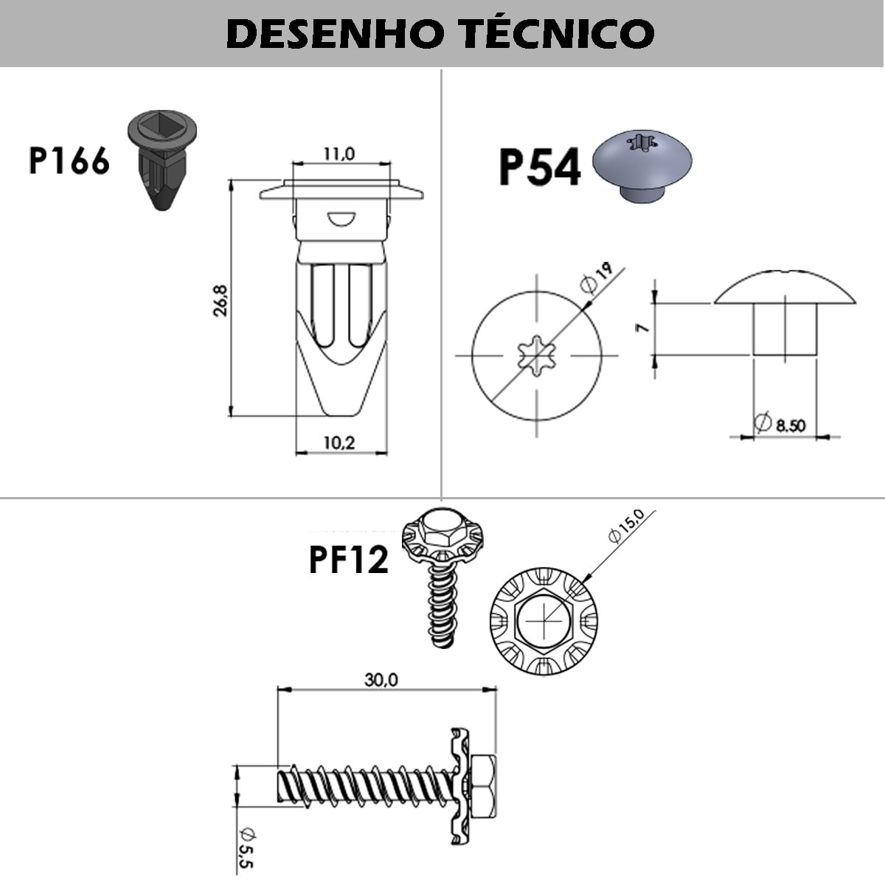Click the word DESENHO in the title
(x=336, y=34)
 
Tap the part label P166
(x=69, y=161)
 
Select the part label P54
(x=540, y=167)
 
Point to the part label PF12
(x=349, y=560)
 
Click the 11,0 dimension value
(x=339, y=154)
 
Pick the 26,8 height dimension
(x=221, y=300)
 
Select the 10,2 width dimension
(x=339, y=442)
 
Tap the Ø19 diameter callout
(x=596, y=278)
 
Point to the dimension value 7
(x=642, y=327)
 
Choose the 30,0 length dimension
(x=381, y=680)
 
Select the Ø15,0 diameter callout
(x=626, y=527)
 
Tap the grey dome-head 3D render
(x=642, y=166)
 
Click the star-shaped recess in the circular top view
(x=536, y=355)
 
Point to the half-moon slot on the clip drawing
(x=341, y=218)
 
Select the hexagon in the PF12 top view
(x=544, y=621)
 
